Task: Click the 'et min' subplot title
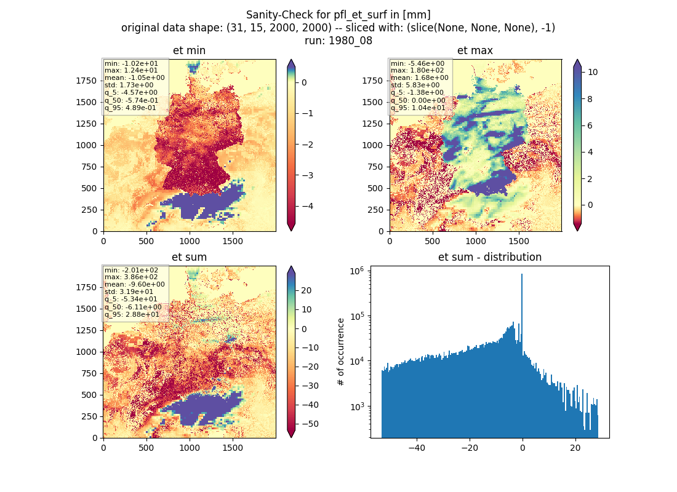point(189,50)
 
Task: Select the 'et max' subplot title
point(475,50)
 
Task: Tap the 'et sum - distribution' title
point(490,257)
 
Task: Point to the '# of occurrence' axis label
point(341,352)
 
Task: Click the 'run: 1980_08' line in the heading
point(338,41)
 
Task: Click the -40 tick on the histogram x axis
point(417,448)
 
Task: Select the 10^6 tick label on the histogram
point(356,271)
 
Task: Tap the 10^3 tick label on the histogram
point(356,407)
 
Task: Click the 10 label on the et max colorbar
point(592,72)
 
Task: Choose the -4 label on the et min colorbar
point(307,206)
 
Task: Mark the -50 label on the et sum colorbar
point(310,424)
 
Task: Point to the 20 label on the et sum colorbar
point(306,290)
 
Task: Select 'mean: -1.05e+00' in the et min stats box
point(134,77)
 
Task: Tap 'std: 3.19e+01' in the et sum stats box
point(129,292)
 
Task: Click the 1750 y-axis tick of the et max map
point(372,81)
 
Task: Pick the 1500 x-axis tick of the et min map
point(233,241)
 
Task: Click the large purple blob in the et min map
point(203,203)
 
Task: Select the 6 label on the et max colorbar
point(590,125)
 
